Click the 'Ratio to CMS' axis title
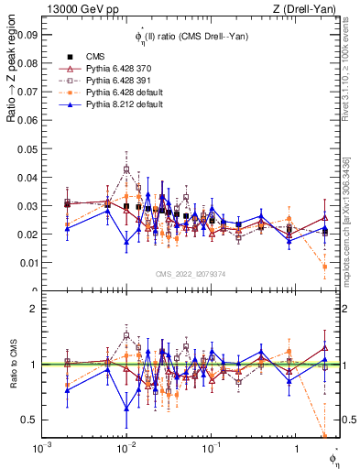tap(13, 364)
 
